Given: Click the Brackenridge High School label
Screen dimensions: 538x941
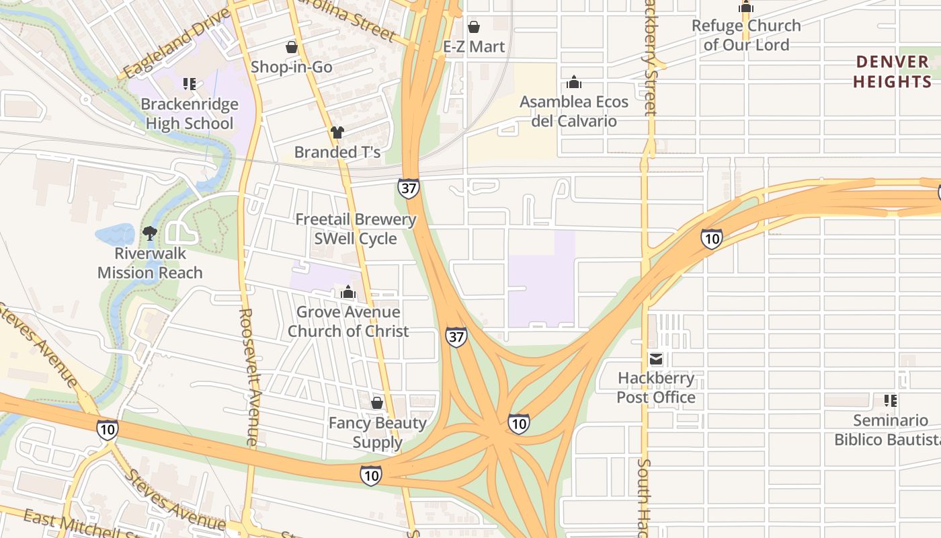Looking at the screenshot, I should [190, 114].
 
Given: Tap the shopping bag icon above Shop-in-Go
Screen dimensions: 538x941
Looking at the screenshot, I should [291, 47].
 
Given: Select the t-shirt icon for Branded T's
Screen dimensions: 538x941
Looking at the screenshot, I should [337, 132].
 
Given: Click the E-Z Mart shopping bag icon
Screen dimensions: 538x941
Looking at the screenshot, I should [474, 27].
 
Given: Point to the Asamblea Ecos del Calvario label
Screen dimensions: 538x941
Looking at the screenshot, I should [574, 112].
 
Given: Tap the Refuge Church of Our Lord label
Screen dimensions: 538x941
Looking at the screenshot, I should [746, 35].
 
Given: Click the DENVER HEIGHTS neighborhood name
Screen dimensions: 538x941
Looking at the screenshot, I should [892, 72].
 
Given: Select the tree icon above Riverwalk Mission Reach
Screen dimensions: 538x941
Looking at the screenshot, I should [150, 233].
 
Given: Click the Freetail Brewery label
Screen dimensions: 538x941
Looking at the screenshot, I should [356, 219].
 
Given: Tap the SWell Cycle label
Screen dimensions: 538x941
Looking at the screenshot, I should [356, 239].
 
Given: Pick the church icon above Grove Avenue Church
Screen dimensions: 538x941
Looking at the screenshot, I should [348, 292].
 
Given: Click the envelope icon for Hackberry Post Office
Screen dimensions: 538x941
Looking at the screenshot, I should [655, 358].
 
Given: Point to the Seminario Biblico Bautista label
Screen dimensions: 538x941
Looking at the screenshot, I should [887, 430].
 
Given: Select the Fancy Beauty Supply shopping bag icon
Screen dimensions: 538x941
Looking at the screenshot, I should [377, 403].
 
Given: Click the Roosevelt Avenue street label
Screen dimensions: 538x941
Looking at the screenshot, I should [248, 377].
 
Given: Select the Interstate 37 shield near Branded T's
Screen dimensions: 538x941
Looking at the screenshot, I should [408, 188].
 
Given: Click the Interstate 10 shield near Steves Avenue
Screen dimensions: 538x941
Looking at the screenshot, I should [108, 429].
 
